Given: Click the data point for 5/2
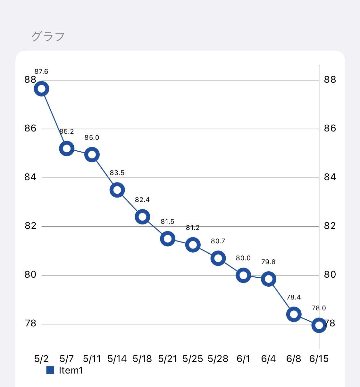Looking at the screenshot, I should click(x=42, y=89).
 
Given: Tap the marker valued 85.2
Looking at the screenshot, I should click(x=67, y=148).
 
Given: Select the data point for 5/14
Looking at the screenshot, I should click(x=117, y=190).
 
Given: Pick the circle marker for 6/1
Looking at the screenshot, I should click(x=243, y=275).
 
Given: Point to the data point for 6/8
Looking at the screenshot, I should click(x=294, y=314).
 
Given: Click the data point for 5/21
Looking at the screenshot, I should click(x=167, y=239).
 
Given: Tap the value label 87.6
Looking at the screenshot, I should click(x=41, y=72).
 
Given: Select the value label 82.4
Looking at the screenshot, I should click(x=142, y=200).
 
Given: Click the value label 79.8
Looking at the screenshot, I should click(x=268, y=262).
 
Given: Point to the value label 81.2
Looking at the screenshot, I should click(x=193, y=228).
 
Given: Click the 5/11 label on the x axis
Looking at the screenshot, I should click(x=92, y=359).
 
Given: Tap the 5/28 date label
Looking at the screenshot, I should click(x=218, y=359).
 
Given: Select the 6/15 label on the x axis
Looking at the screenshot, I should click(x=319, y=359).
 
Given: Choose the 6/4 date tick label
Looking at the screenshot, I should click(x=268, y=359).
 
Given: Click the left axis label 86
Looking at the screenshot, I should click(x=30, y=129).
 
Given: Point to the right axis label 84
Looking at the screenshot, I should click(x=330, y=177).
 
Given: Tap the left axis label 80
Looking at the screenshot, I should click(x=30, y=275).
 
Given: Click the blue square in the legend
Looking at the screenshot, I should click(x=50, y=370).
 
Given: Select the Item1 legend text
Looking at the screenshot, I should click(x=71, y=370).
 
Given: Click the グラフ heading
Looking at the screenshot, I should click(x=48, y=37).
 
